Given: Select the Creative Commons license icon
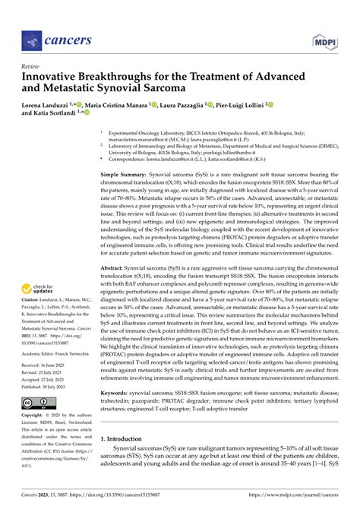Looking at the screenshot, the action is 36,402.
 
